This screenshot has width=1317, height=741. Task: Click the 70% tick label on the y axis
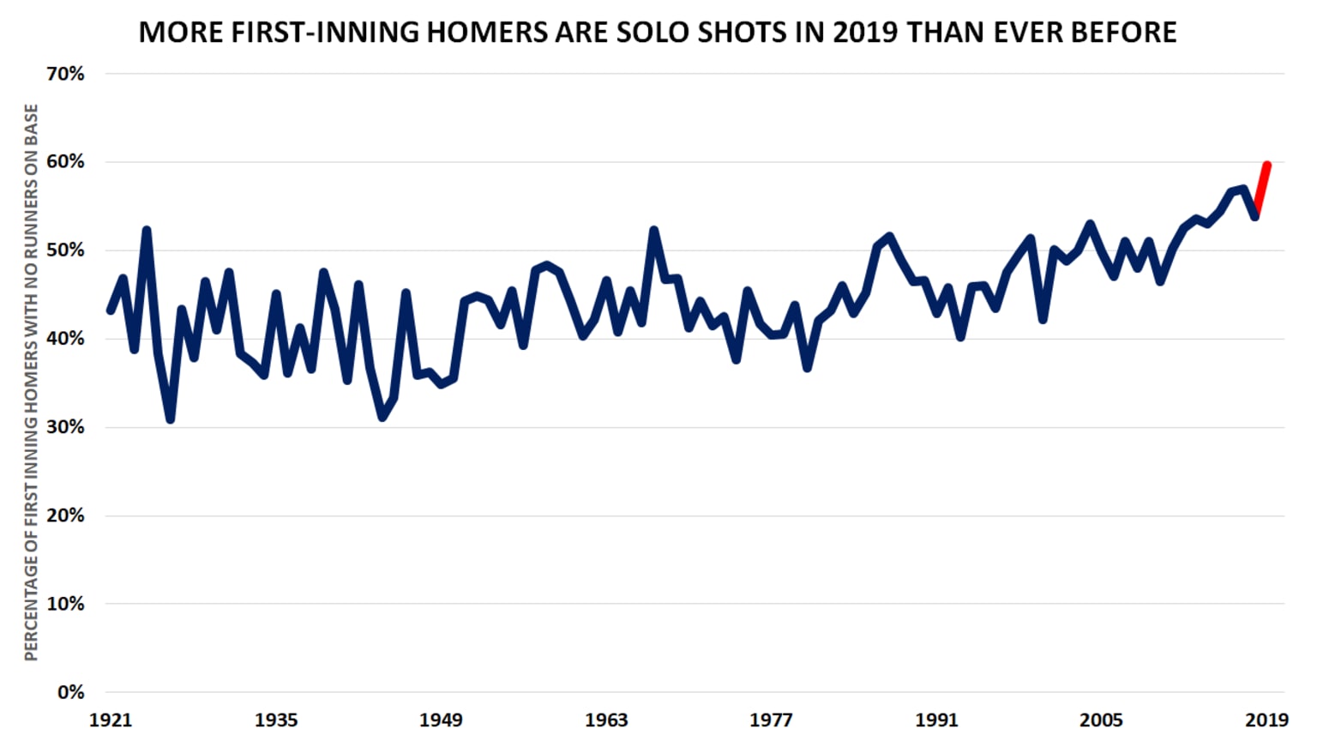65,74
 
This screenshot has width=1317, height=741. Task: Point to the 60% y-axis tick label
65,162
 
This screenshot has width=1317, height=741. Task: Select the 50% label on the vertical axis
65,250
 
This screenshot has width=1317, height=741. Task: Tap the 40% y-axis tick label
65,339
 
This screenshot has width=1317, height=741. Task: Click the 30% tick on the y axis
65,427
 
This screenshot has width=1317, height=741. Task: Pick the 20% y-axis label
65,515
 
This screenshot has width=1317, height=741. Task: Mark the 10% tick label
65,604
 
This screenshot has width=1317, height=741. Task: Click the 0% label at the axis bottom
69,692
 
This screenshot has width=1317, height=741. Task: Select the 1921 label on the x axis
111,720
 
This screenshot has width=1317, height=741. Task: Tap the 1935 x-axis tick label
276,720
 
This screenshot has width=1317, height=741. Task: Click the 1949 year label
441,720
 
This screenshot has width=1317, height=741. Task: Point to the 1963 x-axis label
606,720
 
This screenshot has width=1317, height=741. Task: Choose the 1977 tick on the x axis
771,720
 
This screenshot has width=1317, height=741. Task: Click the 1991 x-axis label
936,720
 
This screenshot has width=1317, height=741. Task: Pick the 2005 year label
1101,720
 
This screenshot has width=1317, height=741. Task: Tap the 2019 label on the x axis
1266,720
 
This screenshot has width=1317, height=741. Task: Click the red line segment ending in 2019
1261,189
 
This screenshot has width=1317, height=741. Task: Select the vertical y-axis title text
32,383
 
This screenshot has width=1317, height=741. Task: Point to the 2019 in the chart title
866,33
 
